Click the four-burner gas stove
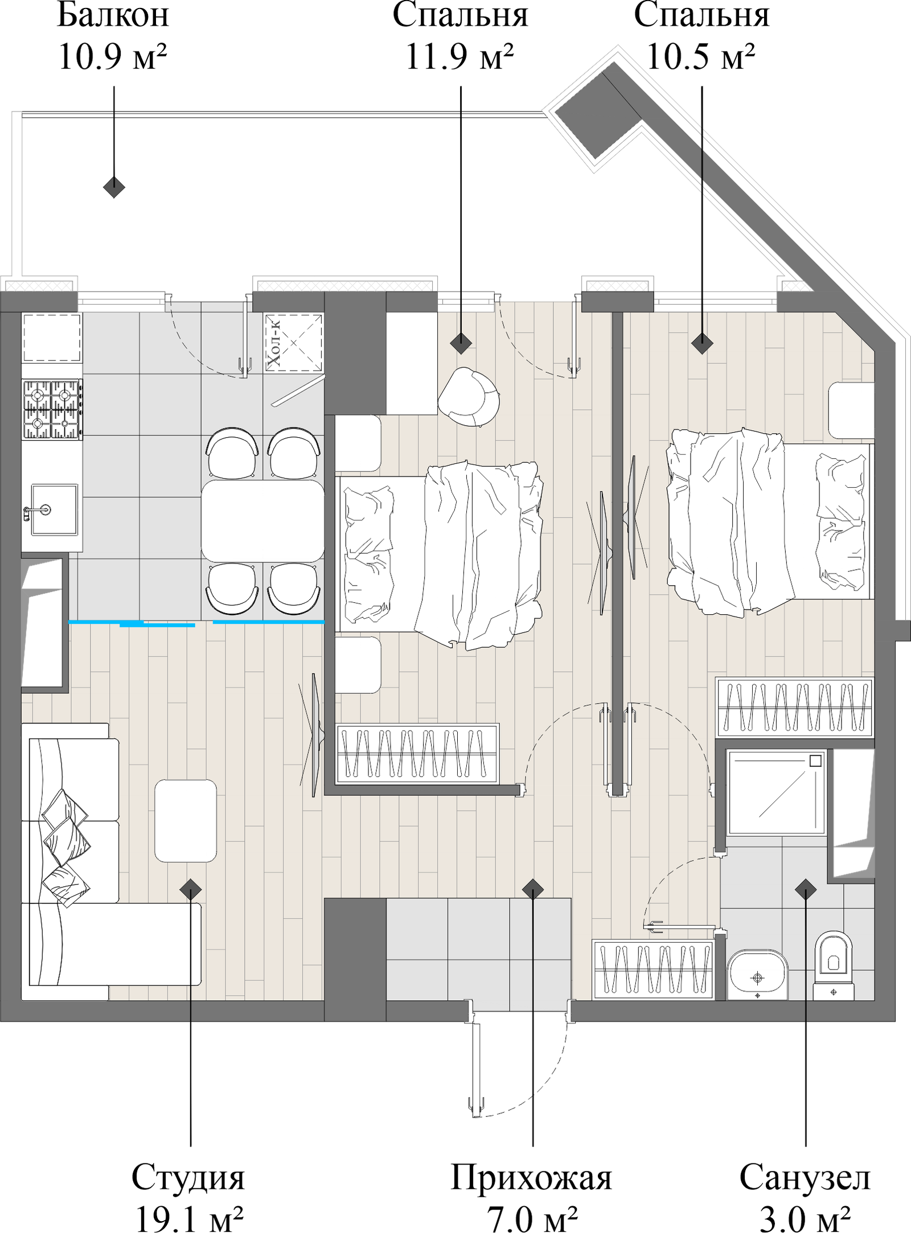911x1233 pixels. pos(52,409)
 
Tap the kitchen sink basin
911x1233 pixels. pos(54,509)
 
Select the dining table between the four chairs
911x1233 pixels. pos(263,521)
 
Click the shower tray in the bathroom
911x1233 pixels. pos(776,793)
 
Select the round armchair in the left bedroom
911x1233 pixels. pos(469,396)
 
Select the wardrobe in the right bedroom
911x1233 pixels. pos(794,706)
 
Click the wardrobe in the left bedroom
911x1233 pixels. pos(417,753)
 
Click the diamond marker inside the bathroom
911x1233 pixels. pos(805,889)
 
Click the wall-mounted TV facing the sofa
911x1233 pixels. pos(315,736)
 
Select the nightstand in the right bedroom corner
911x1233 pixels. pos(851,410)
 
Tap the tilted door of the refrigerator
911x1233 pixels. pos(298,392)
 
